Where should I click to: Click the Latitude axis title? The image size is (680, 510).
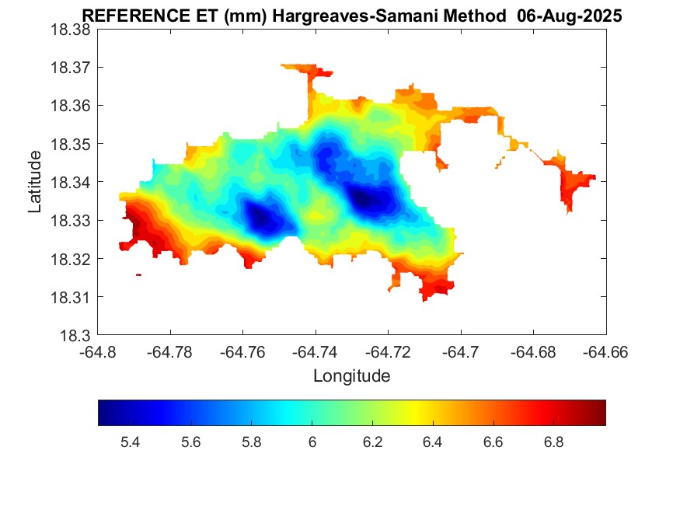35,183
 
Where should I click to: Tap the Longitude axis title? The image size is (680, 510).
351,376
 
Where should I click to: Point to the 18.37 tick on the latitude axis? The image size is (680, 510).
71,68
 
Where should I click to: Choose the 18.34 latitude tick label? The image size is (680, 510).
71,183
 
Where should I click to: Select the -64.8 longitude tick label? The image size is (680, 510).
99,353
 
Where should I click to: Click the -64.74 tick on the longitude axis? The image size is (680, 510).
316,353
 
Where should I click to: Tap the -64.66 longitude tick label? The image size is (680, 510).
605,353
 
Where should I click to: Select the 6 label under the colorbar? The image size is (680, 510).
312,442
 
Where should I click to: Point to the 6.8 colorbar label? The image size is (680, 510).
553,442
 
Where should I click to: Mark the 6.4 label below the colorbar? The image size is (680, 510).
432,442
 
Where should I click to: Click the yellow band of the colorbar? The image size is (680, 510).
420,413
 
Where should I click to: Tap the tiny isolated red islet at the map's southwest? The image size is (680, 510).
138,274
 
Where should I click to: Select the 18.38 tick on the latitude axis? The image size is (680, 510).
71,30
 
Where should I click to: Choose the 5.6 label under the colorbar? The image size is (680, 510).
190,442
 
